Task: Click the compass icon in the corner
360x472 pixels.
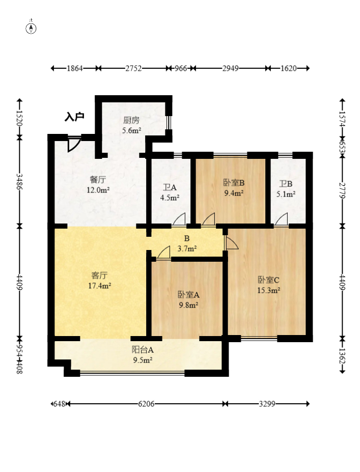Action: tap(31, 29)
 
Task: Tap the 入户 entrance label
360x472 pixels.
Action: tap(74, 117)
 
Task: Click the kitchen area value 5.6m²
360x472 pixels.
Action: tap(132, 131)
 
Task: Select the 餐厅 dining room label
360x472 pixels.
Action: tap(98, 180)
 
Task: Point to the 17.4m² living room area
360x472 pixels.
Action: tap(100, 286)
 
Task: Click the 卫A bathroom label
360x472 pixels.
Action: tap(170, 187)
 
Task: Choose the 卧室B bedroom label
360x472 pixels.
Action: tap(234, 183)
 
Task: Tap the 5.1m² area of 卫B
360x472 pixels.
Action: tap(286, 194)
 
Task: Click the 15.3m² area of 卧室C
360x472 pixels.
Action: tap(269, 291)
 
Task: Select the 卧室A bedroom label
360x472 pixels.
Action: tap(188, 295)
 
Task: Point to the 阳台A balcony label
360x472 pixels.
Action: tap(143, 350)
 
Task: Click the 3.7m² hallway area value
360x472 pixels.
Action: tap(187, 248)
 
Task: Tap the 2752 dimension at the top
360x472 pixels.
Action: tap(133, 68)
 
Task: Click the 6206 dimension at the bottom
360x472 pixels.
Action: tap(146, 404)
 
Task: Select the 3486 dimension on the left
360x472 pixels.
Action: tap(19, 181)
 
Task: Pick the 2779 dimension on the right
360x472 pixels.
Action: tap(342, 190)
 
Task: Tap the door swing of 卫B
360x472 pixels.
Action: tap(281, 219)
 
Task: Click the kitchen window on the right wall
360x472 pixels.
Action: tap(169, 123)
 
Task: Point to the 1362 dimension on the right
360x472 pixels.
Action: tap(342, 356)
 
